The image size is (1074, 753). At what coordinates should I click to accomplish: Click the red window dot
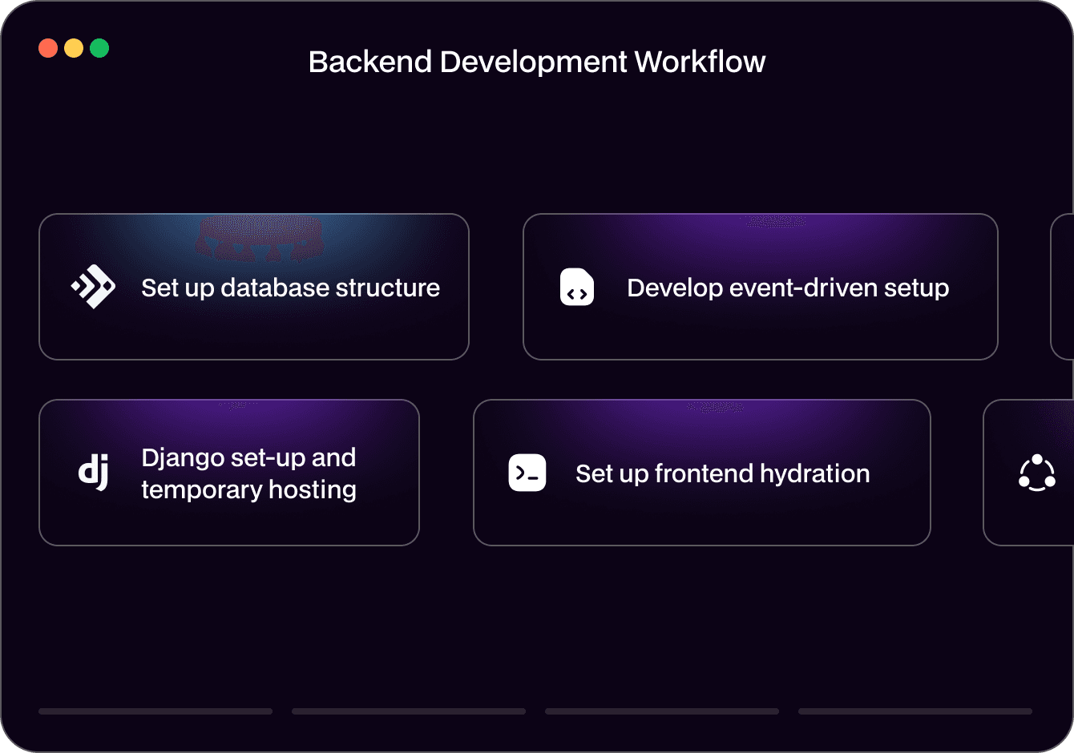click(x=48, y=48)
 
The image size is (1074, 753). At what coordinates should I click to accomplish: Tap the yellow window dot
click(x=74, y=48)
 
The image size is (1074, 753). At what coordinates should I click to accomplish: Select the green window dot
click(x=99, y=48)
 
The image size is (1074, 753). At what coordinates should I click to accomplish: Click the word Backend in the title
click(x=370, y=62)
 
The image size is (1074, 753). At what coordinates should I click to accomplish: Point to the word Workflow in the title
click(x=700, y=62)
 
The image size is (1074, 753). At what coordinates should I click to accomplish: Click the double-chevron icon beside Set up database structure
click(x=94, y=287)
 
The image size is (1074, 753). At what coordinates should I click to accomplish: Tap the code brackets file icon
click(x=577, y=288)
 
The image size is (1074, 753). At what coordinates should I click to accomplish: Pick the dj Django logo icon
click(x=94, y=472)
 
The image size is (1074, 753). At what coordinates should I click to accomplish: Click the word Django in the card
click(x=182, y=458)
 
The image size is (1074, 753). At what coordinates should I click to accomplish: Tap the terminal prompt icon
click(x=527, y=473)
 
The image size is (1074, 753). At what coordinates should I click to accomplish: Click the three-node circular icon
click(x=1036, y=473)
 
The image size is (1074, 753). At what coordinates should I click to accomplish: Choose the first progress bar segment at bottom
click(x=155, y=711)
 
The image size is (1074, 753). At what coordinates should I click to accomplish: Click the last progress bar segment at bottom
click(x=915, y=711)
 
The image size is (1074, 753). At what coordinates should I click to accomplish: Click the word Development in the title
click(x=533, y=62)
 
